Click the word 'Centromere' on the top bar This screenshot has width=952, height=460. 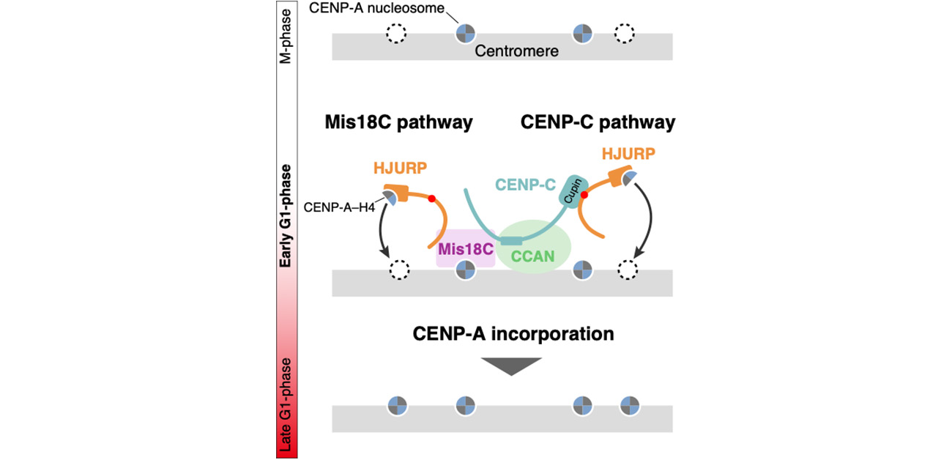click(517, 51)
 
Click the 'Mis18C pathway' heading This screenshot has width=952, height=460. click(398, 122)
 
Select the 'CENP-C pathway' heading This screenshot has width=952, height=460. click(598, 122)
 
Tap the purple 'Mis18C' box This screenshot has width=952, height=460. click(465, 248)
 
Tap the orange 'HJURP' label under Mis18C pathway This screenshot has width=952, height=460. click(401, 168)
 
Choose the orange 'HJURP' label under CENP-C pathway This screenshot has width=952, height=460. click(628, 154)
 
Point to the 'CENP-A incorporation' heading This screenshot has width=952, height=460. click(513, 334)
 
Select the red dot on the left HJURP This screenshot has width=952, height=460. click(432, 199)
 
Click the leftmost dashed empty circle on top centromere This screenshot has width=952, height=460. click(398, 34)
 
